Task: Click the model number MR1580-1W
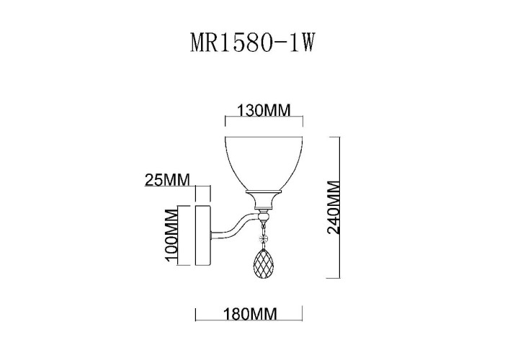click(x=254, y=42)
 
